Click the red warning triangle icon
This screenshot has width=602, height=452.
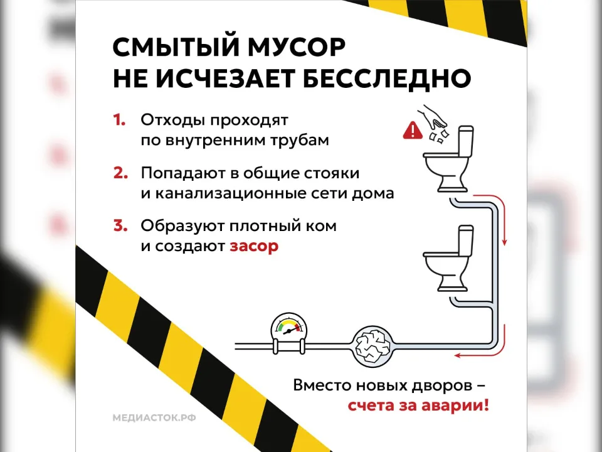[413, 131]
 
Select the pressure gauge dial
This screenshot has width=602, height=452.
[288, 330]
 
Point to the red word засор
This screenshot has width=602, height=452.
[254, 246]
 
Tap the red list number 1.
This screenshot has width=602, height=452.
[119, 119]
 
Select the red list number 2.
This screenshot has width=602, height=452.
[120, 172]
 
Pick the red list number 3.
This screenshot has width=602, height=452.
[120, 225]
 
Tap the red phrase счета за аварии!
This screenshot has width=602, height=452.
[418, 405]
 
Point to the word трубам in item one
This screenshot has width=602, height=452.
[299, 140]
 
